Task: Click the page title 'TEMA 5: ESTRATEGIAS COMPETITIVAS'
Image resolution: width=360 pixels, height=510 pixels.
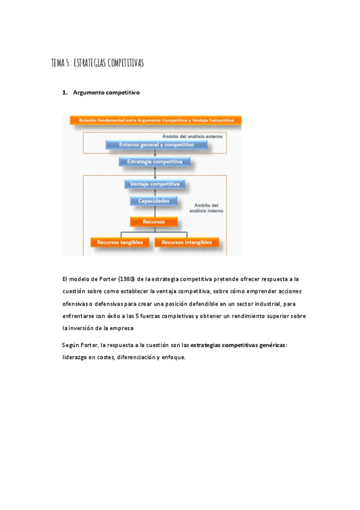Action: [x=97, y=63]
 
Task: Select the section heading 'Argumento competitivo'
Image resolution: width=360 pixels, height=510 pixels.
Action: [x=106, y=93]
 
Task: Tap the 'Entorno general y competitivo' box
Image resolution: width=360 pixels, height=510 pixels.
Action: [x=156, y=145]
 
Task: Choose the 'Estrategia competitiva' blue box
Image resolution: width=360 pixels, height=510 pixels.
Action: [x=155, y=162]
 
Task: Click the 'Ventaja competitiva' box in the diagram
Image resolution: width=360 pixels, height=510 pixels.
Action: [x=155, y=184]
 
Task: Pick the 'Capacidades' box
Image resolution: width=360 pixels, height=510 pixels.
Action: [x=154, y=201]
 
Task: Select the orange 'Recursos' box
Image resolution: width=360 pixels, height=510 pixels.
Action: [x=154, y=222]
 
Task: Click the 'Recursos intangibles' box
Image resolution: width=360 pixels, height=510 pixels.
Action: [x=187, y=242]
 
